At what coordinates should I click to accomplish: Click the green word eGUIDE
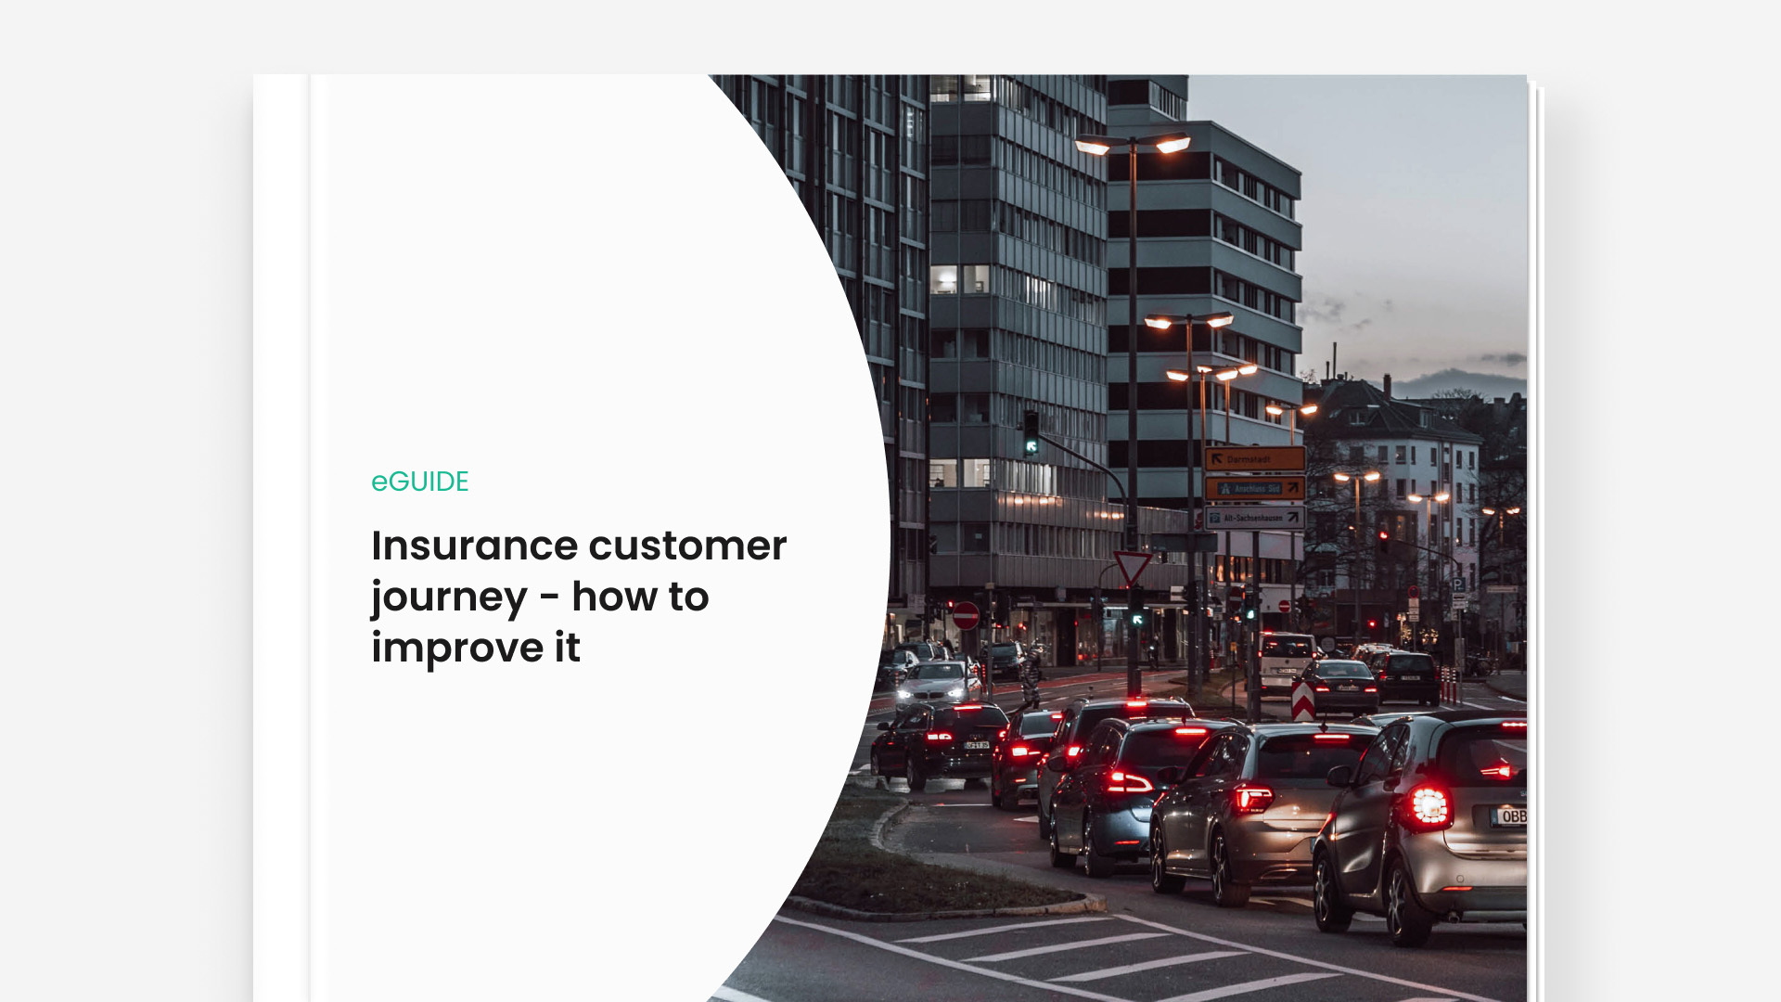pyautogui.click(x=419, y=482)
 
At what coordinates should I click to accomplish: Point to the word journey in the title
pyautogui.click(x=449, y=597)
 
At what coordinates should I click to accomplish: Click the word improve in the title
pyautogui.click(x=457, y=648)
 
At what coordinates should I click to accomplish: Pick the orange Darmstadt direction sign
pyautogui.click(x=1254, y=458)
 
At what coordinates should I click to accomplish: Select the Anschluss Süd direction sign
pyautogui.click(x=1254, y=488)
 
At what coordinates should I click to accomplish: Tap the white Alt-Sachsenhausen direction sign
pyautogui.click(x=1254, y=518)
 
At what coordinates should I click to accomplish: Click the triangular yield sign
pyautogui.click(x=1133, y=566)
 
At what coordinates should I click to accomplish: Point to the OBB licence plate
pyautogui.click(x=1509, y=816)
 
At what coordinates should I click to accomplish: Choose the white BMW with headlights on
pyautogui.click(x=937, y=685)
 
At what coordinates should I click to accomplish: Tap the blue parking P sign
pyautogui.click(x=1458, y=585)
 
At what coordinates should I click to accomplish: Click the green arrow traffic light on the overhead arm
pyautogui.click(x=1031, y=445)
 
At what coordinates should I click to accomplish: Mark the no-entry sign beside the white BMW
pyautogui.click(x=966, y=615)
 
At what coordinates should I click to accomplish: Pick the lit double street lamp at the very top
pyautogui.click(x=1133, y=144)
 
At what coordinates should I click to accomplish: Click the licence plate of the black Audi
pyautogui.click(x=976, y=744)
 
